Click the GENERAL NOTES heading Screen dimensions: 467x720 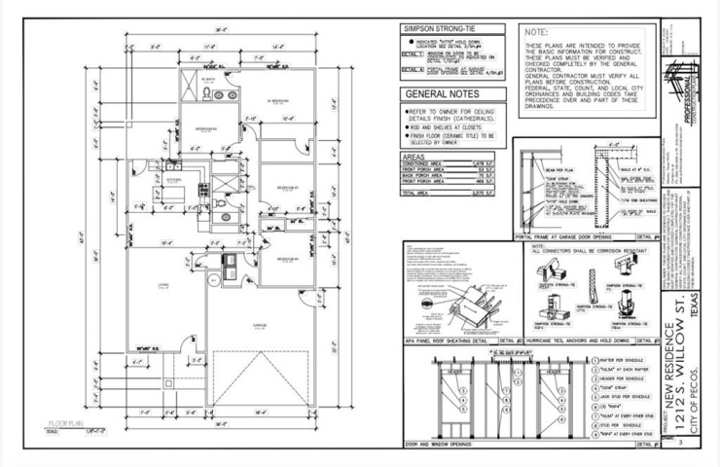[442, 95]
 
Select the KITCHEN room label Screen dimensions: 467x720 [175, 180]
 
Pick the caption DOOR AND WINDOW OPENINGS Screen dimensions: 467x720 [439, 445]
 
